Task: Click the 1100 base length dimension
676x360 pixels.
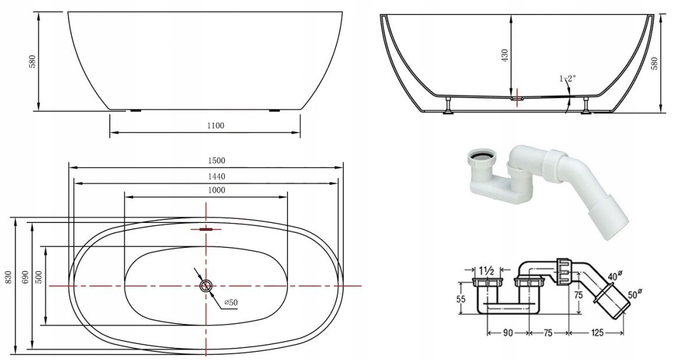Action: click(x=215, y=125)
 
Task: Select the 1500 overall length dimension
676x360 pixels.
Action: click(x=217, y=160)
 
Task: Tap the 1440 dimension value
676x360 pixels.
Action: click(x=215, y=176)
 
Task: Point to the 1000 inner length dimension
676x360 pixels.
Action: click(x=215, y=190)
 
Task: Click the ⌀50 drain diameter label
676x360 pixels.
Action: click(x=230, y=303)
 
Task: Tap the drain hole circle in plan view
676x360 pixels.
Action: click(x=206, y=286)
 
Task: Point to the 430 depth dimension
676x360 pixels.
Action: click(x=505, y=55)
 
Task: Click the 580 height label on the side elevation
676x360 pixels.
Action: click(x=32, y=62)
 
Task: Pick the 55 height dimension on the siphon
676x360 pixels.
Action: click(x=461, y=299)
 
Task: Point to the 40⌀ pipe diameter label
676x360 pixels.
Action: click(x=614, y=276)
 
